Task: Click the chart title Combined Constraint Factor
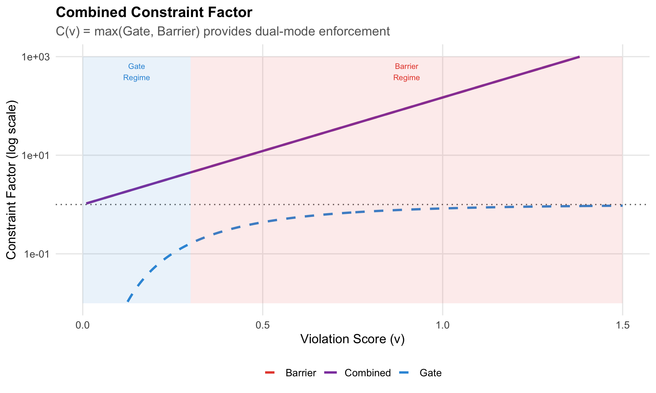pyautogui.click(x=154, y=13)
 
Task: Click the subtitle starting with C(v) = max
pyautogui.click(x=222, y=31)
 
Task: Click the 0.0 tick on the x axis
pyautogui.click(x=83, y=325)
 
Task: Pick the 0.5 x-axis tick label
pyautogui.click(x=262, y=325)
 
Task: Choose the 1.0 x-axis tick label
pyautogui.click(x=442, y=325)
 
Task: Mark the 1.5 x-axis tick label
pyautogui.click(x=623, y=325)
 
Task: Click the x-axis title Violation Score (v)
pyautogui.click(x=352, y=339)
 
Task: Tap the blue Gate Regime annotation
pyautogui.click(x=136, y=72)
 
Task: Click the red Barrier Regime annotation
pyautogui.click(x=406, y=72)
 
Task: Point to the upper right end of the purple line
pyautogui.click(x=579, y=57)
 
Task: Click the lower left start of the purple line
pyautogui.click(x=86, y=203)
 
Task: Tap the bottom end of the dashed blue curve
pyautogui.click(x=127, y=302)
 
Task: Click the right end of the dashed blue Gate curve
pyautogui.click(x=622, y=206)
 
